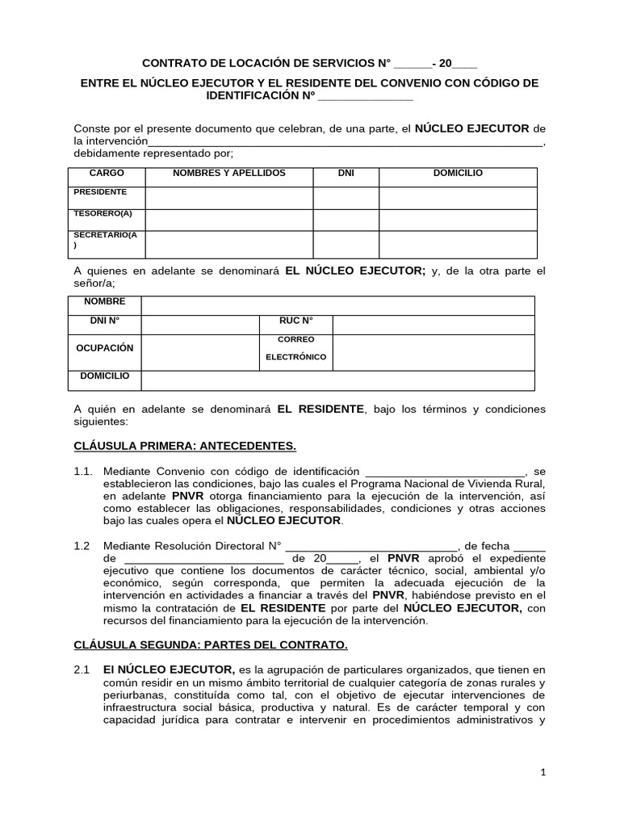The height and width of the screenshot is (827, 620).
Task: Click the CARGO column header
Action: point(107,174)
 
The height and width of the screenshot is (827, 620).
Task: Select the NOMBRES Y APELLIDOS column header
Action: point(228,174)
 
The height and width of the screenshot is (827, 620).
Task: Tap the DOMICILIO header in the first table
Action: point(458,174)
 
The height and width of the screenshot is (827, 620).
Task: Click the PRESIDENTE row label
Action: point(100,192)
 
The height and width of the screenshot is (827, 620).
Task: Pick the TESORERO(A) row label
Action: point(103,213)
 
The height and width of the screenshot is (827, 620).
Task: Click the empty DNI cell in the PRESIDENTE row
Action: point(346,198)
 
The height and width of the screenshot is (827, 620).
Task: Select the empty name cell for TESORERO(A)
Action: point(228,220)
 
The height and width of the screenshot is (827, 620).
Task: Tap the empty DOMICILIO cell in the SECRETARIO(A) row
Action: point(458,244)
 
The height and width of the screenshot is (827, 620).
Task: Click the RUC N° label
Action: point(295,320)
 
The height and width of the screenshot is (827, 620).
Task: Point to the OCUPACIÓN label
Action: point(104,347)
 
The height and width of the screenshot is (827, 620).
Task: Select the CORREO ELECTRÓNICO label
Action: point(295,348)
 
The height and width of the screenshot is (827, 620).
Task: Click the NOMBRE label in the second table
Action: point(104,301)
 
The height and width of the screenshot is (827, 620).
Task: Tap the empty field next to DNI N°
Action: point(199,324)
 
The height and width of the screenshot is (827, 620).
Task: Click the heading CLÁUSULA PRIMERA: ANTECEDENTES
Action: point(185,446)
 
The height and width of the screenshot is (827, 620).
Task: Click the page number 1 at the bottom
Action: point(543,772)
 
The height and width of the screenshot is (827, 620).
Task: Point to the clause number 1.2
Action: point(82,546)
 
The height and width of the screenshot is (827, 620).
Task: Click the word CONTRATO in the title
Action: point(172,62)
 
